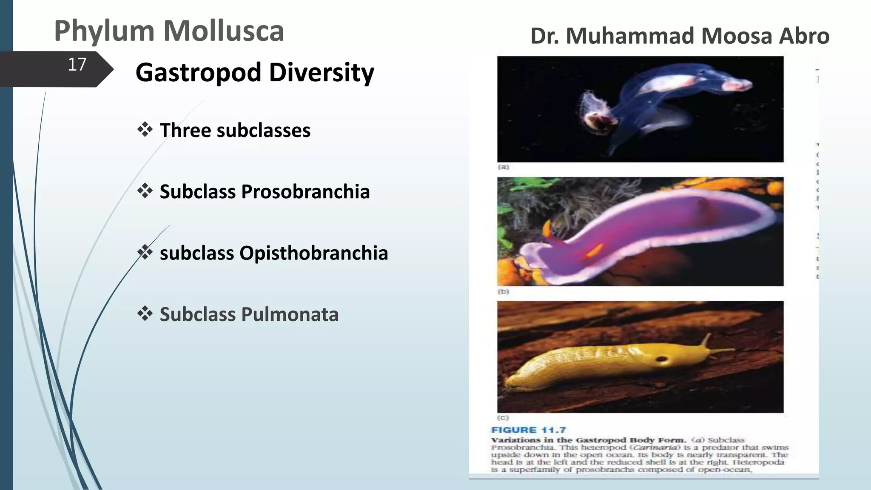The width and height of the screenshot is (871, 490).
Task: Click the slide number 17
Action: (x=77, y=65)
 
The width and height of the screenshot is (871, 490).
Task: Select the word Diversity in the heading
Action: (x=322, y=72)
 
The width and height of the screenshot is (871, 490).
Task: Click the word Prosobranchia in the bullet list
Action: (x=305, y=192)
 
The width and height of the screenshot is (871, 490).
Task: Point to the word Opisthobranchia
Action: (x=313, y=253)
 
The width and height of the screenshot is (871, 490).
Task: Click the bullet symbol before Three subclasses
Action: (x=145, y=129)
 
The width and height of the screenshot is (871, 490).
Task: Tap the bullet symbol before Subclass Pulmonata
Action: (x=145, y=314)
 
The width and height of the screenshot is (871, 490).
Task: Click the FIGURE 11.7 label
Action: (x=528, y=430)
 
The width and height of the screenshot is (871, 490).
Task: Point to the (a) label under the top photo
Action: (x=503, y=167)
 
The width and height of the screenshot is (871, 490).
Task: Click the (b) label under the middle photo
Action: (x=503, y=292)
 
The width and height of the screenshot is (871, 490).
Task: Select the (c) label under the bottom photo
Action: (x=503, y=418)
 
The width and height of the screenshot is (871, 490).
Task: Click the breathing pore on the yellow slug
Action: (x=662, y=360)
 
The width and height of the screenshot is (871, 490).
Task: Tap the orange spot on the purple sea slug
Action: (x=594, y=251)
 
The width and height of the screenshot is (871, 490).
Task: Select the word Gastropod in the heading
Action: (x=198, y=72)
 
